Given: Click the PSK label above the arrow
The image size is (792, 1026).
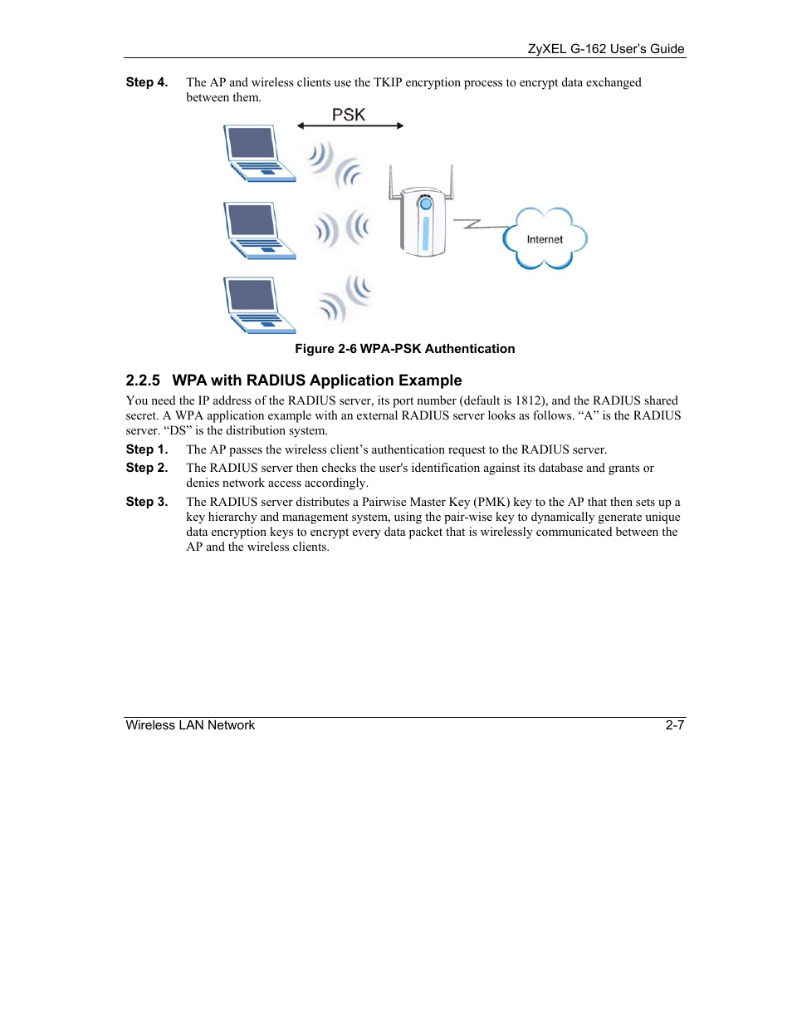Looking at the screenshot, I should pos(349,115).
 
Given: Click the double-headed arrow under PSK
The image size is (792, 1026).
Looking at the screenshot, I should pos(350,126).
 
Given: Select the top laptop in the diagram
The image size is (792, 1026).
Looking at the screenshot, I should pos(258,153).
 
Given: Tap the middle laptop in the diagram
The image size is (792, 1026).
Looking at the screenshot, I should pos(258,230).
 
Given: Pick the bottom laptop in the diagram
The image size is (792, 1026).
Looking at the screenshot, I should pos(258,305).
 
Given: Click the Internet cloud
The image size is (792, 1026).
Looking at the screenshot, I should pos(545,239).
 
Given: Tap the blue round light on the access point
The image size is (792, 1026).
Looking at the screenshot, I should pos(426,204).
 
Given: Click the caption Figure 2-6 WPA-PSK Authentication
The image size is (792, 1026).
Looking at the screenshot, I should pos(404,349).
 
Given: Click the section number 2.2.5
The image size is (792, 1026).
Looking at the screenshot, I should pos(143,380).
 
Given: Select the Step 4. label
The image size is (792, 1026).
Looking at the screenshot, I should pos(147,82).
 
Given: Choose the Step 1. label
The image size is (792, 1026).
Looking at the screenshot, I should pos(147,449).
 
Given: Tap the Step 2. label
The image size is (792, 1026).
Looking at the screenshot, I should pos(147,468).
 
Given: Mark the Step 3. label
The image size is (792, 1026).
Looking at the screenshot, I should pos(147,502).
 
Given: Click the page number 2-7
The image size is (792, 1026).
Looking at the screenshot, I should pos(674,725).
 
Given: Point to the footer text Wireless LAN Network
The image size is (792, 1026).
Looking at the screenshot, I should pos(190,725).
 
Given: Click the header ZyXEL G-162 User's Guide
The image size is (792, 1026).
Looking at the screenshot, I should pos(605,49).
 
